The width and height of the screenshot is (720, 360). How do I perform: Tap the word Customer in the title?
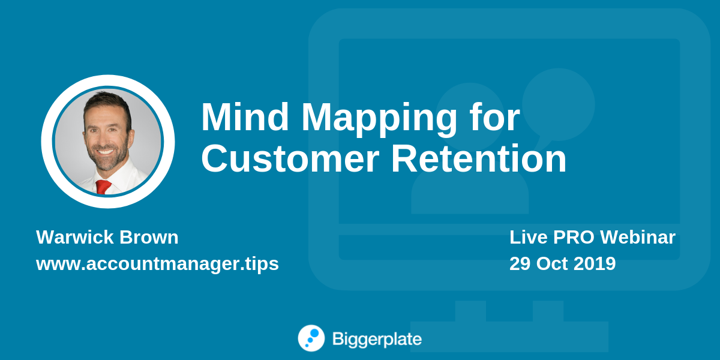point(290,158)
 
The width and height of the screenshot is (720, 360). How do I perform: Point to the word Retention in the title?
point(479,158)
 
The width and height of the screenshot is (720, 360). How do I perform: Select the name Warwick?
point(75,237)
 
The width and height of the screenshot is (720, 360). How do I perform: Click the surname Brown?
point(149,237)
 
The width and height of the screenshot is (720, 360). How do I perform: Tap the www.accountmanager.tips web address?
point(157,264)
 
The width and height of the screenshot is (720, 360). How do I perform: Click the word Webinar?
point(638,237)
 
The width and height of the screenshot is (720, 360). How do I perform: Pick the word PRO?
point(574,237)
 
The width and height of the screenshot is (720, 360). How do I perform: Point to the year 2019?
point(595,263)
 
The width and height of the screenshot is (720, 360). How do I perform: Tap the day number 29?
point(520,263)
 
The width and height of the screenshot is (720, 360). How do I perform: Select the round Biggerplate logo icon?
point(311,338)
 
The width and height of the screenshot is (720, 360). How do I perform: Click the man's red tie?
point(103,187)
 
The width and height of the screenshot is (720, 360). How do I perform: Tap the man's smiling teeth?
point(106,152)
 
